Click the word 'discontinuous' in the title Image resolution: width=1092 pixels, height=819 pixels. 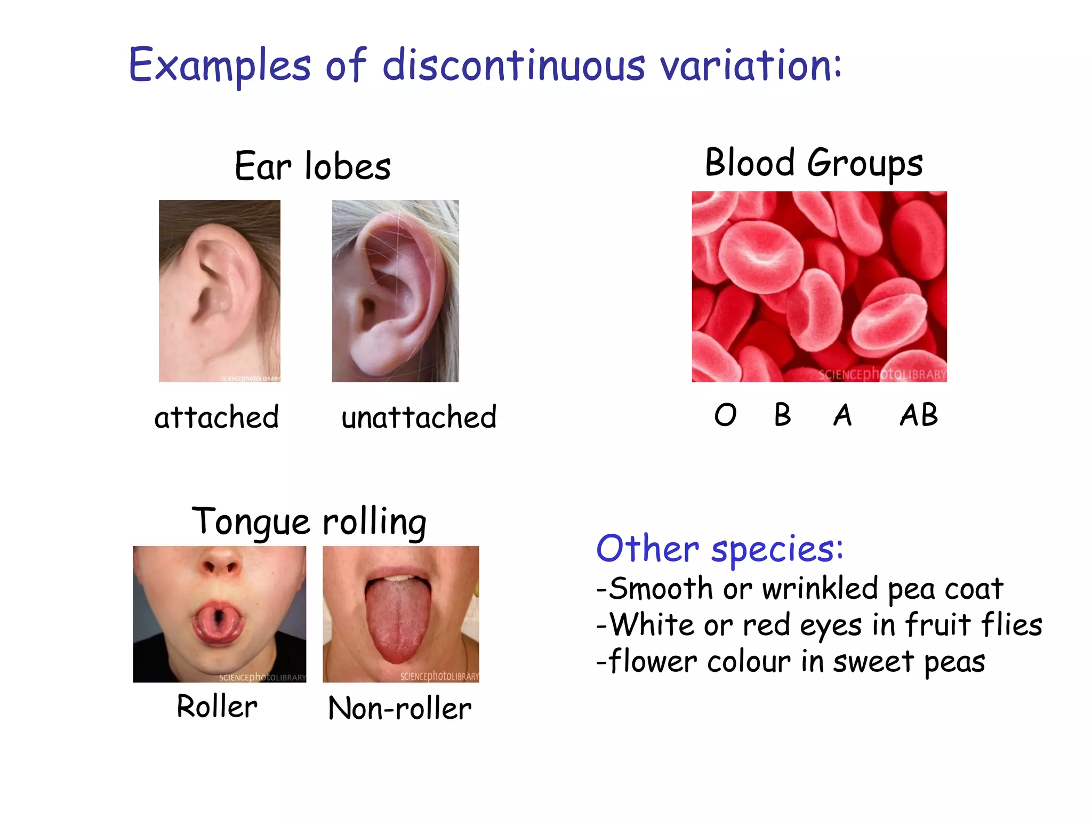click(513, 65)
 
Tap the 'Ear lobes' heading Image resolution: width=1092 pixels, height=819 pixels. click(312, 166)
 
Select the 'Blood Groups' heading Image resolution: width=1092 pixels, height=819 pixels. click(814, 163)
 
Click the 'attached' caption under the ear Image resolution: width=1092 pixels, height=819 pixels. click(216, 417)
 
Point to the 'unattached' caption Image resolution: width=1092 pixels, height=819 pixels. click(419, 417)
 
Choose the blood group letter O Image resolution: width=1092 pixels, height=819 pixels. click(725, 415)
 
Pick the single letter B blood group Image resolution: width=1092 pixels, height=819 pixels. click(782, 415)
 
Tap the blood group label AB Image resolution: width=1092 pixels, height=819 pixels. click(918, 415)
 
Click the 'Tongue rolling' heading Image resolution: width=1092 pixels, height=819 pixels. click(309, 521)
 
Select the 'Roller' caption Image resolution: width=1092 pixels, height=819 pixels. click(217, 707)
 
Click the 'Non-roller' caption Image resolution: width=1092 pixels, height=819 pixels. click(400, 709)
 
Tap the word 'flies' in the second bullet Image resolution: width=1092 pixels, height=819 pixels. click(1011, 625)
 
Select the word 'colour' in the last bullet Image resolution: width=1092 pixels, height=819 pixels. click(749, 662)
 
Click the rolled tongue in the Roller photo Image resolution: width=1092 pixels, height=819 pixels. click(219, 622)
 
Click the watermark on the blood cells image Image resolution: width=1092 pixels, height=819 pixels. click(882, 374)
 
